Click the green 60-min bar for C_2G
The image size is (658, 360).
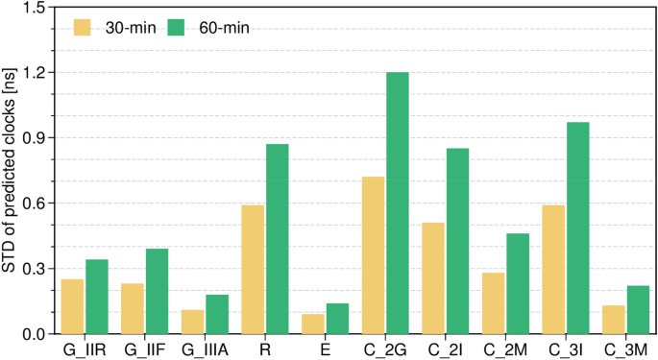[x=397, y=203]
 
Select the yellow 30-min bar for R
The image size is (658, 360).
[x=253, y=269]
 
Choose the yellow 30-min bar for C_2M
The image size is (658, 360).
[x=494, y=302]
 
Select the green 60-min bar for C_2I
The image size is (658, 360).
[x=457, y=241]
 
